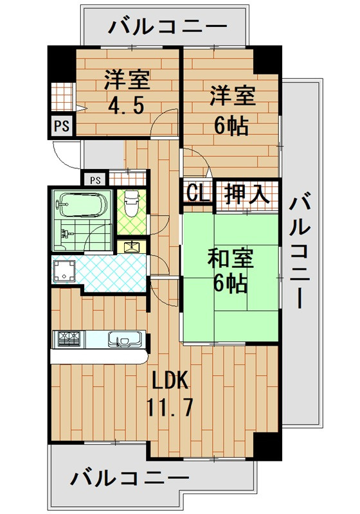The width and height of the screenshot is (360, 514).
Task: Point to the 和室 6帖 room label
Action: tap(231, 271)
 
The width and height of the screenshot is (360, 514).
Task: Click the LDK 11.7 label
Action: tap(170, 393)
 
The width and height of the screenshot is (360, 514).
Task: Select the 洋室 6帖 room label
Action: tap(232, 109)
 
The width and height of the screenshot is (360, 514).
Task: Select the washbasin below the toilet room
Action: tap(132, 245)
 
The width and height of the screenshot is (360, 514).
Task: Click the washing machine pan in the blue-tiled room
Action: tap(65, 272)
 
